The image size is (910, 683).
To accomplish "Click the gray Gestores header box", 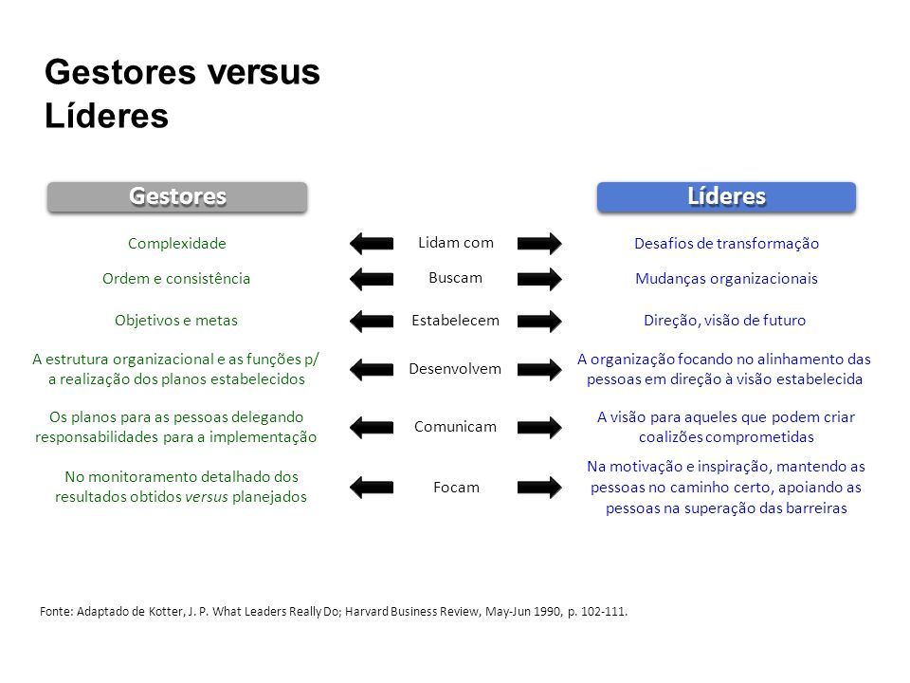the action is tap(177, 197).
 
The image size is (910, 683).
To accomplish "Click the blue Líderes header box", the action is tap(726, 197).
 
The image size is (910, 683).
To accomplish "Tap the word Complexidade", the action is tap(177, 244).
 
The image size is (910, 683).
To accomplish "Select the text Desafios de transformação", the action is tap(726, 244).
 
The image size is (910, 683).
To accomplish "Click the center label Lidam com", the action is tap(456, 243).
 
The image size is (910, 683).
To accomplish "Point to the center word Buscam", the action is tap(456, 278).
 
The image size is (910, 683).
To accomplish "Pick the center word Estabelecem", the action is tap(456, 320).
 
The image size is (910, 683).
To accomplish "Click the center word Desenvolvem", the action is tap(455, 369).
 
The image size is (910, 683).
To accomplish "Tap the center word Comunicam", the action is tap(456, 427).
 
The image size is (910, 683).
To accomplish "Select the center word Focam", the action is tap(456, 488).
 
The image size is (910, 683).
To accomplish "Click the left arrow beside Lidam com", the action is tap(372, 244).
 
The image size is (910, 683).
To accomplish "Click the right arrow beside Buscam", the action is tap(539, 279).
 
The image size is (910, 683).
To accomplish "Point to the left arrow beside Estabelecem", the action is tap(372, 321).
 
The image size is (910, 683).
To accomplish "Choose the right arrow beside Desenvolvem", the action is tap(539, 369).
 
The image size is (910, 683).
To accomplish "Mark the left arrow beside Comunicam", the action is tap(372, 428).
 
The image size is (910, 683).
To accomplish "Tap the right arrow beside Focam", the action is tap(539, 488).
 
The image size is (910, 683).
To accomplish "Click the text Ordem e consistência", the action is tap(176, 279).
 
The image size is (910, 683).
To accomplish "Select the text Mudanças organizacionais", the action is tap(726, 279).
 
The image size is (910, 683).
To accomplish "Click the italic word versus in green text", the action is tap(207, 497).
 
